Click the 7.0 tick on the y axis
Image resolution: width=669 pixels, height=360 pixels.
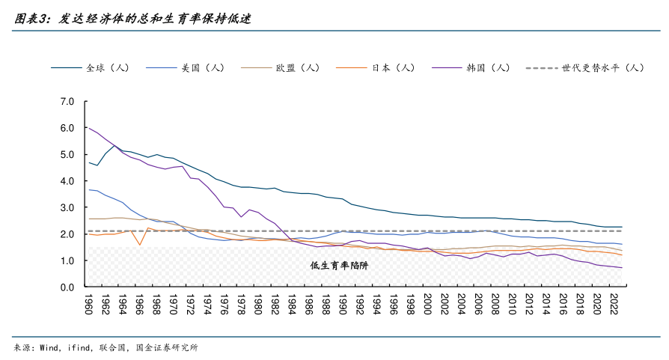click(67, 101)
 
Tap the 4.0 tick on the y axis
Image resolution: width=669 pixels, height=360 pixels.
click(67, 181)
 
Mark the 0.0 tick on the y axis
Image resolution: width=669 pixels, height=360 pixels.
click(67, 287)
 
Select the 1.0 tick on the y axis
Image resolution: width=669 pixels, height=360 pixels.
click(67, 260)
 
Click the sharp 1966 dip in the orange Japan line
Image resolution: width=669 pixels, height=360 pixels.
click(140, 245)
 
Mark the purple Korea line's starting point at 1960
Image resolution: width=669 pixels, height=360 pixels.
click(89, 128)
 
